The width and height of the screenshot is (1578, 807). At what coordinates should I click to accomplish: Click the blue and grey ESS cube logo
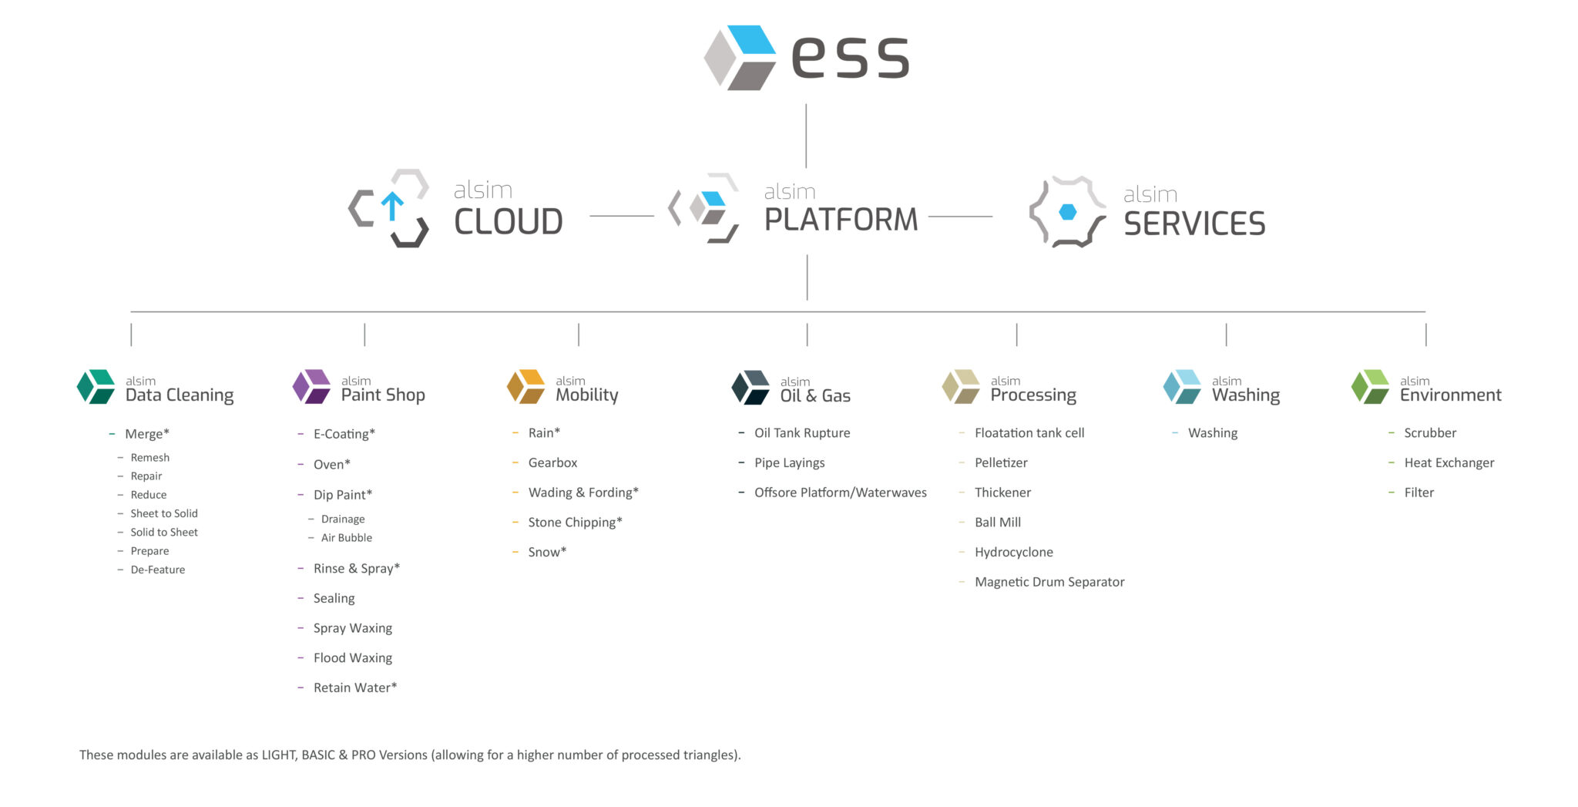point(740,58)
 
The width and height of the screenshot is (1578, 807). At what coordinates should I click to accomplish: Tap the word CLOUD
point(509,222)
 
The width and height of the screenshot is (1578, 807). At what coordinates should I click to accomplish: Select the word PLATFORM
point(841,220)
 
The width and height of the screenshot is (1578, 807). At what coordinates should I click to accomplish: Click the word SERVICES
point(1194,224)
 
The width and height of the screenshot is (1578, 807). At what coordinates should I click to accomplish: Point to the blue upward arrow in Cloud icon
point(392,206)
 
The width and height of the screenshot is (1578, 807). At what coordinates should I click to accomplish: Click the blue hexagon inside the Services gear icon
point(1067,212)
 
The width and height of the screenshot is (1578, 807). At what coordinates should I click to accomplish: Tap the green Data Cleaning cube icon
point(96,387)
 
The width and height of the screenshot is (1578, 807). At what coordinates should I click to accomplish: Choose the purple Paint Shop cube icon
point(312,387)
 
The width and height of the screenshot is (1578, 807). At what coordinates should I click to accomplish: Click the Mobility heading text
point(586,395)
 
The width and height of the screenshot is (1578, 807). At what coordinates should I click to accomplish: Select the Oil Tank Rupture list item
point(801,433)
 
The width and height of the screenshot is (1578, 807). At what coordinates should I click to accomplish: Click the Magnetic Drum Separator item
point(1049,582)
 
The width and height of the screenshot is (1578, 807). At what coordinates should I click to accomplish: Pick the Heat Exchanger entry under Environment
point(1448,462)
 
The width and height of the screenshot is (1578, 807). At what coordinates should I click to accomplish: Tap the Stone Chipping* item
point(574,523)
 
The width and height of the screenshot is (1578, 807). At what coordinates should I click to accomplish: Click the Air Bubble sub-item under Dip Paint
point(346,538)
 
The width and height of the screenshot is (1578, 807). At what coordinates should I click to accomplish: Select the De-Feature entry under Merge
point(157,570)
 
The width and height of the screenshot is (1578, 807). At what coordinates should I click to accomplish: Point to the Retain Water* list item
point(354,688)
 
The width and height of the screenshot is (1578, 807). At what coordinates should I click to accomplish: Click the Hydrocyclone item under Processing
point(1013,552)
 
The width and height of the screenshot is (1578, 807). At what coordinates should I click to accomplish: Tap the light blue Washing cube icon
point(1182,387)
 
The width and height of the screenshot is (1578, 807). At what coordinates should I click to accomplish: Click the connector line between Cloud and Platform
point(621,216)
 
